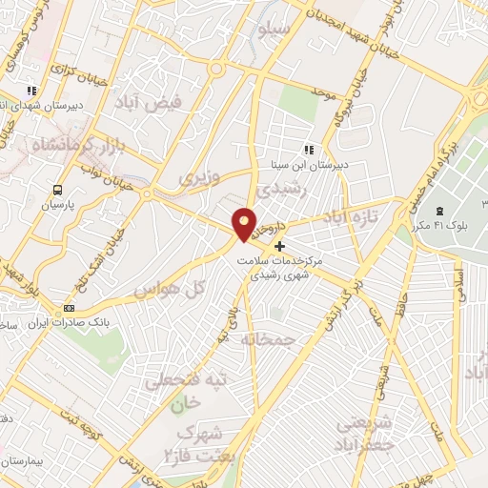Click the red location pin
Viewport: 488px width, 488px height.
click(x=244, y=223)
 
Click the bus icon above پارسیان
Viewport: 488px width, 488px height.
click(x=56, y=190)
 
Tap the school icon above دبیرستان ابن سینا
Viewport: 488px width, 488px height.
click(x=308, y=149)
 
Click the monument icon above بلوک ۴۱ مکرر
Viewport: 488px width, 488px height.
click(x=440, y=211)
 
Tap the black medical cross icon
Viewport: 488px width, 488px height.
click(x=278, y=246)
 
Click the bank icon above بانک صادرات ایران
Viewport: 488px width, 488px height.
click(x=69, y=308)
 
